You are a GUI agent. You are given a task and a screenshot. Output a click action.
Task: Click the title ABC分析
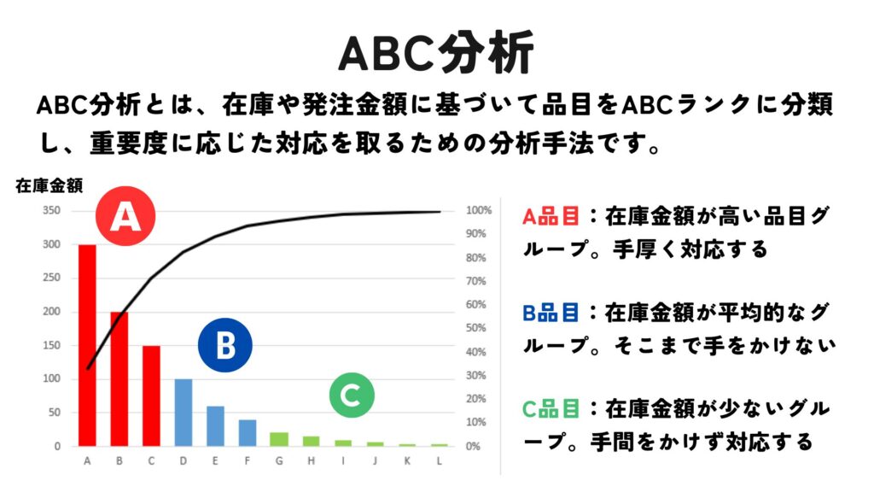(x=436, y=54)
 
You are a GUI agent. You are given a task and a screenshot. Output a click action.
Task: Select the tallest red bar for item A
(x=87, y=345)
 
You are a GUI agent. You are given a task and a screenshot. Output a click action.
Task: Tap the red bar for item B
(x=119, y=378)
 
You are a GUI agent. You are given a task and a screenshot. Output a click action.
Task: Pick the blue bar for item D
(x=184, y=413)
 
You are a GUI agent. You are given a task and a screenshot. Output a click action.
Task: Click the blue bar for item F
(x=248, y=433)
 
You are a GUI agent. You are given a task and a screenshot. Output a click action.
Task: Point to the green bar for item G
(x=279, y=440)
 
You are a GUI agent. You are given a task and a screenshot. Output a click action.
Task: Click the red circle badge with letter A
(x=125, y=216)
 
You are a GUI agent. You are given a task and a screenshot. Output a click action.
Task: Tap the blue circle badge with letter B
(x=225, y=345)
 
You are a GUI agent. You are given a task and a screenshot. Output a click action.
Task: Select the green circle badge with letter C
(x=352, y=395)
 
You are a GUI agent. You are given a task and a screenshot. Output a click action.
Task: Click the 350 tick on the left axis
(x=51, y=210)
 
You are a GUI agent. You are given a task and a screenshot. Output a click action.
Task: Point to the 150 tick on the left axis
(x=51, y=345)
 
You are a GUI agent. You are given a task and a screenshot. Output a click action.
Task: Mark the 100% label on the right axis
(x=479, y=210)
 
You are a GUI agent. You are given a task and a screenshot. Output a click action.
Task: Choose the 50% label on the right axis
(x=476, y=328)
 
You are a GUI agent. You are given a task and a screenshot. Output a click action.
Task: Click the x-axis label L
(x=440, y=460)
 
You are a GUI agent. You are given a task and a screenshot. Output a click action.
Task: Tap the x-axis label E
(x=215, y=460)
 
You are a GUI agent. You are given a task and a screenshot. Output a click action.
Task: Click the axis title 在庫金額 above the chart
(x=49, y=185)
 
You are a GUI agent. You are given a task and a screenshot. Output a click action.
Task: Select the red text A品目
(x=551, y=216)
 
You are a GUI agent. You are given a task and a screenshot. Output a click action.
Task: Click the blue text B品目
(x=551, y=313)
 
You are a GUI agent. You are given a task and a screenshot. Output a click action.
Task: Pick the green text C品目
(x=551, y=409)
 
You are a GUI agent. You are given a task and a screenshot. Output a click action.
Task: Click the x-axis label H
(x=311, y=460)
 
